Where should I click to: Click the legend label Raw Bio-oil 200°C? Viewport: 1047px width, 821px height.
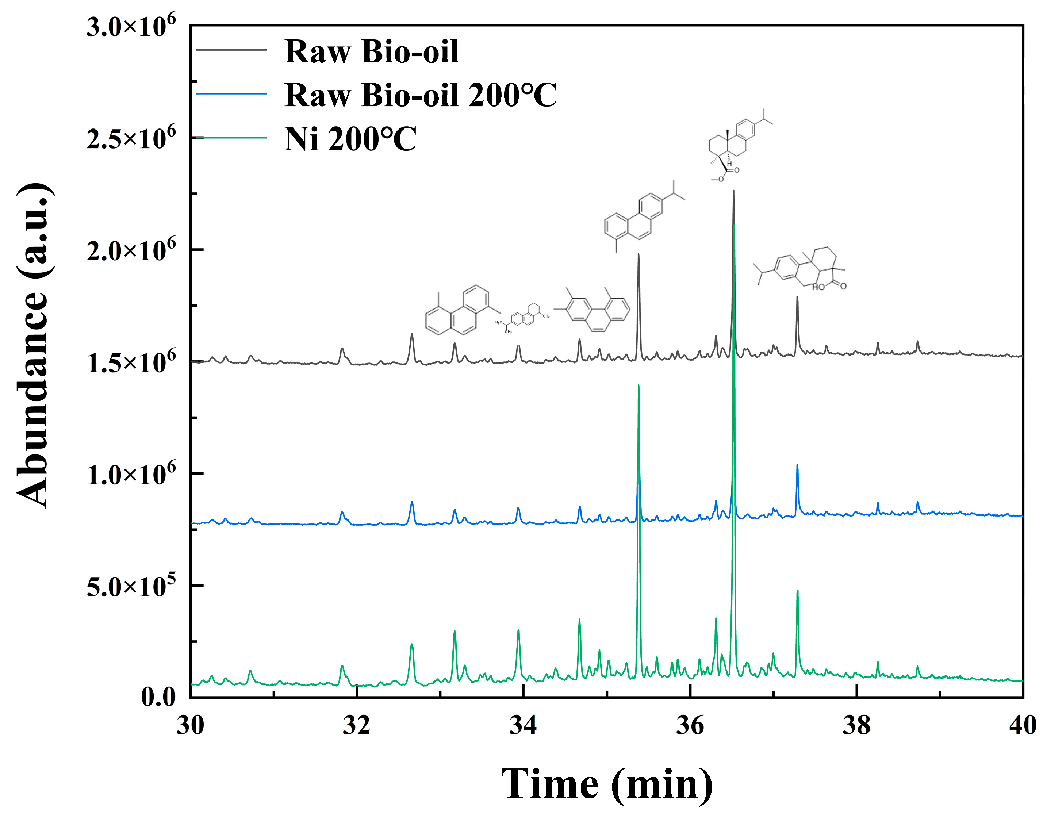pos(420,95)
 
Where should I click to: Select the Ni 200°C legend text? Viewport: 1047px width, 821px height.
pos(350,139)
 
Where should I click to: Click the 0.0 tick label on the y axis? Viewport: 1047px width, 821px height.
pos(158,697)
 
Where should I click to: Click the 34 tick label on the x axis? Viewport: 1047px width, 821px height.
pos(523,725)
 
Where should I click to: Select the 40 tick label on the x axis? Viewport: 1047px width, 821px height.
pos(1022,725)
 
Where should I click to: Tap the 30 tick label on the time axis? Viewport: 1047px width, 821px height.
pos(190,725)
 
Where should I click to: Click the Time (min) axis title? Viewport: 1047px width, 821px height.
pos(607,784)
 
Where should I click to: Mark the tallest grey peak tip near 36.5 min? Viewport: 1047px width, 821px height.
pos(733,191)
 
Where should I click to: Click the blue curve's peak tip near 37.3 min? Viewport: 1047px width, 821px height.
pos(797,465)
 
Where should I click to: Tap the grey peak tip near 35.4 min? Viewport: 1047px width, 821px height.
pos(638,254)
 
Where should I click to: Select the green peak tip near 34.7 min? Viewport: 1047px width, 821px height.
pos(579,619)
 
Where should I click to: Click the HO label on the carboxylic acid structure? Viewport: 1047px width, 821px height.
pos(818,287)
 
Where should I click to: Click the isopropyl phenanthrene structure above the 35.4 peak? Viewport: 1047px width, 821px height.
pos(642,216)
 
